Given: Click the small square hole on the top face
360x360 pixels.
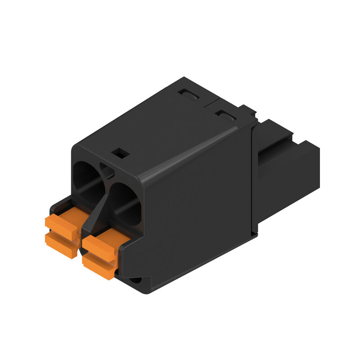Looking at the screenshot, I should (121, 153).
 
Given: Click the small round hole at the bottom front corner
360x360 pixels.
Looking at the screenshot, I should (136, 280).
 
